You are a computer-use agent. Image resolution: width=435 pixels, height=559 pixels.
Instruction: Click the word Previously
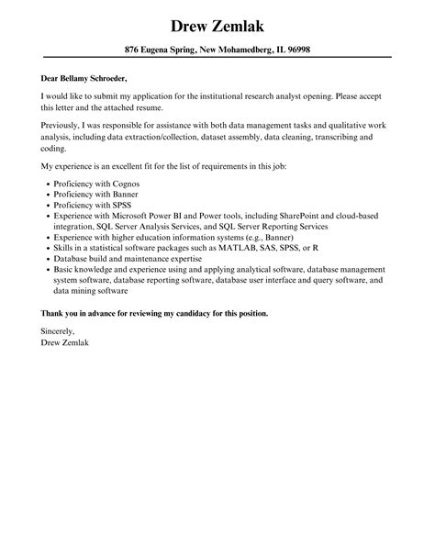tap(65, 123)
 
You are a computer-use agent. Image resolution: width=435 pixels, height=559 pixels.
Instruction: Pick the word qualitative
tap(312, 123)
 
